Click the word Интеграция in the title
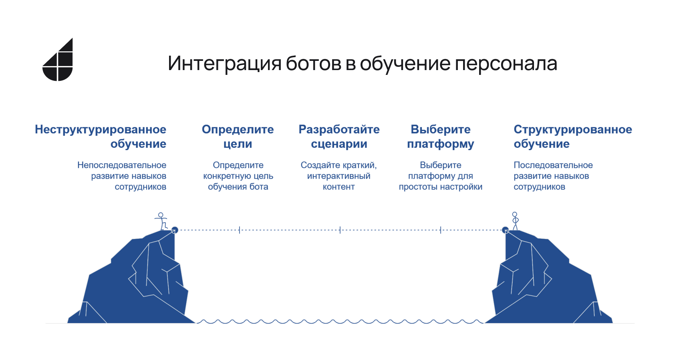click(x=224, y=63)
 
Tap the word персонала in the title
click(x=506, y=64)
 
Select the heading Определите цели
click(x=238, y=137)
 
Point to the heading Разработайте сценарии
click(x=339, y=137)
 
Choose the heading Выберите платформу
click(x=441, y=137)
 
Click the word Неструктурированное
click(x=100, y=129)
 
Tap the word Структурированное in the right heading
click(x=573, y=129)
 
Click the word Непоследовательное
click(x=122, y=165)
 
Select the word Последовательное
click(x=553, y=165)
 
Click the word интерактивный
click(x=339, y=176)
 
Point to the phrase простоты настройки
click(x=441, y=187)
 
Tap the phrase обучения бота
click(x=238, y=187)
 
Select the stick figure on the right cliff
click(x=515, y=221)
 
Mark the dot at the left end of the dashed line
click(x=175, y=230)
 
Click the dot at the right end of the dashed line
click(x=506, y=230)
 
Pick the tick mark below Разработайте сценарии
click(x=340, y=230)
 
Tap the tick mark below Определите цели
click(x=240, y=230)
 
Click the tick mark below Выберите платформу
click(x=441, y=230)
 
